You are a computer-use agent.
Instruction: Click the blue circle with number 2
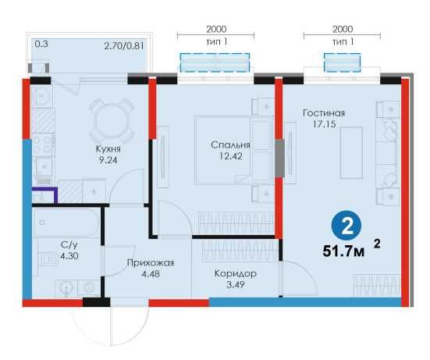(x=346, y=226)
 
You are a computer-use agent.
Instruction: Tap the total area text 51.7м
(x=343, y=251)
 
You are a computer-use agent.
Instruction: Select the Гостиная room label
(x=324, y=113)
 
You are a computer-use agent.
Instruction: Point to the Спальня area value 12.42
(x=231, y=156)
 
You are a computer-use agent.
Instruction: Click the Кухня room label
(x=108, y=149)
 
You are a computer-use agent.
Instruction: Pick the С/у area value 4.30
(x=69, y=255)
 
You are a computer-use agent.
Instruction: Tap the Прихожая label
(x=151, y=263)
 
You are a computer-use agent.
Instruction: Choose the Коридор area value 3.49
(x=236, y=284)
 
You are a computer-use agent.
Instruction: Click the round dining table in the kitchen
(x=112, y=120)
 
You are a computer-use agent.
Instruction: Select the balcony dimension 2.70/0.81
(x=124, y=45)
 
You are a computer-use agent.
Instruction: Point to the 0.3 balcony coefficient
(x=41, y=44)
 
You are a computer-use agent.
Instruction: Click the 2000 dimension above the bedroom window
(x=216, y=29)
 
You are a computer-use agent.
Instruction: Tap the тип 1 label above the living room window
(x=343, y=42)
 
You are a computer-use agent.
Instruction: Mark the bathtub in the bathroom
(x=66, y=223)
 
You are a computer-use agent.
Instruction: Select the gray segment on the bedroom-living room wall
(x=279, y=158)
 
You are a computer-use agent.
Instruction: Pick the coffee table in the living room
(x=351, y=152)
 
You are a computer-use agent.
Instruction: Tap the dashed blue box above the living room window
(x=343, y=62)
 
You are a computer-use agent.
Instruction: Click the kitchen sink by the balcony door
(x=41, y=96)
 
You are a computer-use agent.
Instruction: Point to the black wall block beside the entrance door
(x=96, y=302)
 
